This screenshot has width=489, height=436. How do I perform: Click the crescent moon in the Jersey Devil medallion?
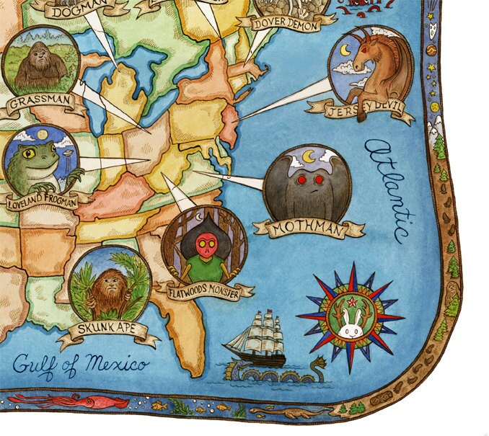pos(345,50)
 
